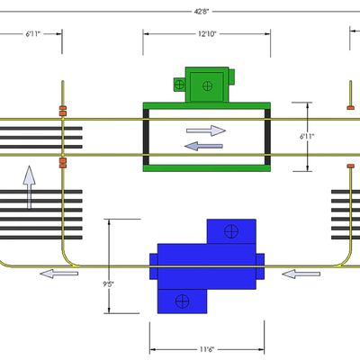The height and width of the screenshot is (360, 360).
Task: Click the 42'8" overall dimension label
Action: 202,12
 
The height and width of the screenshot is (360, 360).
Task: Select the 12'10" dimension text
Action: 207,34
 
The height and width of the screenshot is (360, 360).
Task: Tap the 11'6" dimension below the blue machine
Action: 207,349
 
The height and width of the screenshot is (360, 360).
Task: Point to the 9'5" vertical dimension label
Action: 108,283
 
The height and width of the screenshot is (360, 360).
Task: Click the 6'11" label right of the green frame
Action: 307,137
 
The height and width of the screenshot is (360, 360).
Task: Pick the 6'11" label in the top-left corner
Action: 32,34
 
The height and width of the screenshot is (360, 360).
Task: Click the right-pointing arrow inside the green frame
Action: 206,130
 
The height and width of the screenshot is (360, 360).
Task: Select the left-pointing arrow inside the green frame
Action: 203,146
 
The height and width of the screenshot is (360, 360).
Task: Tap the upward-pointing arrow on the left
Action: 29,187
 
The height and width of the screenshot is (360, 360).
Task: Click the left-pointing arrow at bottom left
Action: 59,274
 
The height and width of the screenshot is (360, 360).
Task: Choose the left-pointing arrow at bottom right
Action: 301,274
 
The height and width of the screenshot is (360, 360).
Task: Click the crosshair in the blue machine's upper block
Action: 231,231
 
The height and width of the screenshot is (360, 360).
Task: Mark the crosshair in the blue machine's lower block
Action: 183,301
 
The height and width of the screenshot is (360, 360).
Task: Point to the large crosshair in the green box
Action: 207,86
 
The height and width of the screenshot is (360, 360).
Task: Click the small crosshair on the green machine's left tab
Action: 179,85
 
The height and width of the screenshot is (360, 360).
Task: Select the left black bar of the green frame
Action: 146,137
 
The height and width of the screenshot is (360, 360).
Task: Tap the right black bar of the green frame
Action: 267,137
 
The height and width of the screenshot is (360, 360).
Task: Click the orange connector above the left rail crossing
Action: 63,111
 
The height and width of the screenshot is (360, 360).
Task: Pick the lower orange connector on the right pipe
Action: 351,166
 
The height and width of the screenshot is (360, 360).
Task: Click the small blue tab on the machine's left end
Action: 154,266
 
